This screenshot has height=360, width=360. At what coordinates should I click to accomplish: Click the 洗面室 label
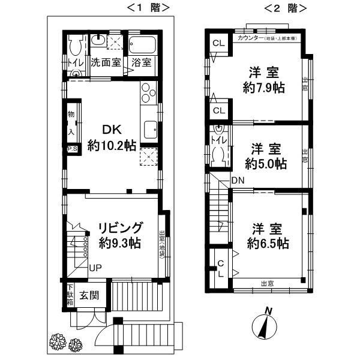tap(106, 62)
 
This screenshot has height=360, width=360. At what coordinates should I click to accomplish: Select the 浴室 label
tap(142, 62)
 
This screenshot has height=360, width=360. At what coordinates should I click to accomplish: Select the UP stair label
tap(95, 268)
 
